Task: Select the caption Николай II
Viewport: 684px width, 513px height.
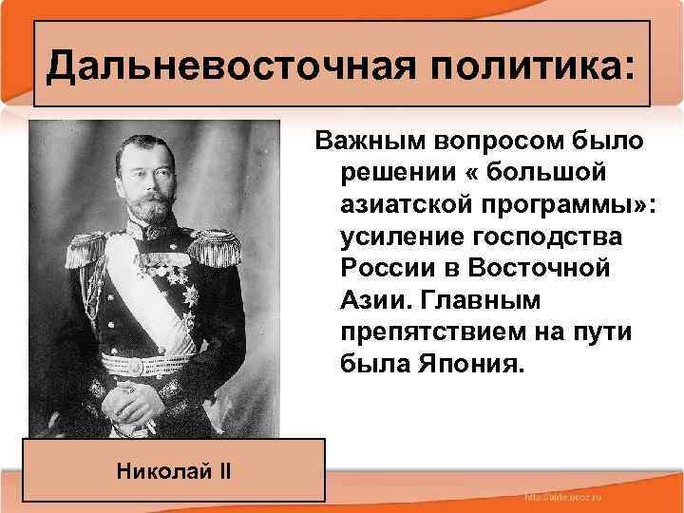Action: coord(176,470)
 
